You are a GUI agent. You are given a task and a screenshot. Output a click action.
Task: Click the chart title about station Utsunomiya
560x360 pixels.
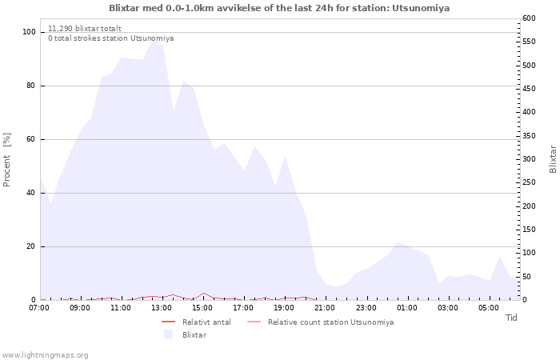pyautogui.click(x=279, y=8)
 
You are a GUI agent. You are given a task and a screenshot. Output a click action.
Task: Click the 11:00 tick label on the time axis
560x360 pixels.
pyautogui.click(x=121, y=307)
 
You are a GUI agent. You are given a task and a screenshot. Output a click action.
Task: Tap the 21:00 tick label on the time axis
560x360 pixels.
pyautogui.click(x=325, y=307)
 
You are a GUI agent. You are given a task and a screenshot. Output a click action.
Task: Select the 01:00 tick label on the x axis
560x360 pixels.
pyautogui.click(x=406, y=307)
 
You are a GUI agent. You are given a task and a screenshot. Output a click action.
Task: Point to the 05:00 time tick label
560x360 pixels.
pyautogui.click(x=488, y=307)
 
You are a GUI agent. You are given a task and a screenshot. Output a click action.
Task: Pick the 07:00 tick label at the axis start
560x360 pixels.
pyautogui.click(x=39, y=307)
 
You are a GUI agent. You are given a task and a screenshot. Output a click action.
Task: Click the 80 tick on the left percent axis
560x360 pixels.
pyautogui.click(x=30, y=86)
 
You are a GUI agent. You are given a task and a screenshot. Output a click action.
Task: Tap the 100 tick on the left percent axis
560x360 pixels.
pyautogui.click(x=29, y=32)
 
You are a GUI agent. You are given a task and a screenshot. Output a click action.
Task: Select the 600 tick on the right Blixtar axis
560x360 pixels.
pyautogui.click(x=530, y=18)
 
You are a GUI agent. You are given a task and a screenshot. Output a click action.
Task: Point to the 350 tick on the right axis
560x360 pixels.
pyautogui.click(x=530, y=136)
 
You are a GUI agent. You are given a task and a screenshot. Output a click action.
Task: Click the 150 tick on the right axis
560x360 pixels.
pyautogui.click(x=530, y=230)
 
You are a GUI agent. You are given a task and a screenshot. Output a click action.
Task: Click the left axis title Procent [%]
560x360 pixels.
pyautogui.click(x=7, y=160)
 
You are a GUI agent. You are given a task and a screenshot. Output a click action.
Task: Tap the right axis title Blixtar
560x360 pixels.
pyautogui.click(x=553, y=159)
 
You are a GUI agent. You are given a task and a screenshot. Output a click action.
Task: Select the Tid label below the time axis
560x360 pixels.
pyautogui.click(x=511, y=318)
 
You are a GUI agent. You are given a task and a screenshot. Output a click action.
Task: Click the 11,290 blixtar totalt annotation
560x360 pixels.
pyautogui.click(x=85, y=28)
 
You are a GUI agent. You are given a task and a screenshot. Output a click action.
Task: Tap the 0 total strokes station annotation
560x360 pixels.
pyautogui.click(x=110, y=38)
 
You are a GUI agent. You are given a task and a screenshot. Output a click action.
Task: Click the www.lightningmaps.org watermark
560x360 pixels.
pyautogui.click(x=46, y=354)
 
